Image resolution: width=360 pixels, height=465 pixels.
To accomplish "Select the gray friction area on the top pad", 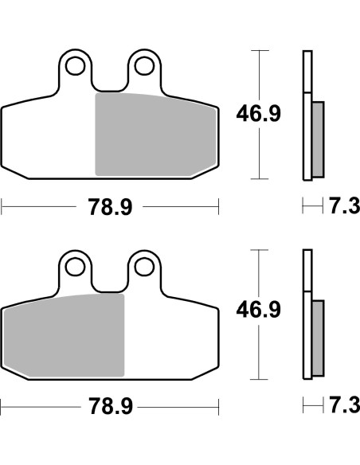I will coord(155,134).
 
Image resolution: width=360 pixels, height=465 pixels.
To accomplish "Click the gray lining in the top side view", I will coord(318,139).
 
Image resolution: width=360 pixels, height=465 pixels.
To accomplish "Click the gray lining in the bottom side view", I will coord(318,338).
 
